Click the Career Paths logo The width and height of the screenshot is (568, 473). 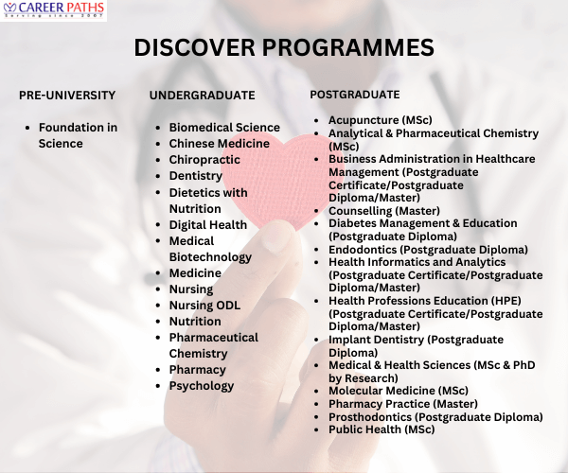(x=54, y=11)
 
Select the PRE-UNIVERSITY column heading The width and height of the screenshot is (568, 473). (x=67, y=96)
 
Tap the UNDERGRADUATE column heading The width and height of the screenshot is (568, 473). (x=202, y=96)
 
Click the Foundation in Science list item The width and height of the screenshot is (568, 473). (x=78, y=135)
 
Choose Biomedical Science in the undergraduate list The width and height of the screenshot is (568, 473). (x=224, y=127)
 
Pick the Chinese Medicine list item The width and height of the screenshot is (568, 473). (x=219, y=143)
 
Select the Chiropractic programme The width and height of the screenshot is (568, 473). (x=204, y=160)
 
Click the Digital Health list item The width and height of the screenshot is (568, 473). (x=207, y=225)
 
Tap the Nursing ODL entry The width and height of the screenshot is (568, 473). (x=204, y=306)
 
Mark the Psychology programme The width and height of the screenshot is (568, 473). (x=201, y=386)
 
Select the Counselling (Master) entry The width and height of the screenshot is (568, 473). (x=383, y=210)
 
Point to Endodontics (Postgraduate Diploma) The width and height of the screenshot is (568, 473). (x=428, y=249)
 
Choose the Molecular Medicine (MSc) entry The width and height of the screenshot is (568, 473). (x=398, y=391)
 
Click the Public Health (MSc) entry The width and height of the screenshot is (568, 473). (x=382, y=429)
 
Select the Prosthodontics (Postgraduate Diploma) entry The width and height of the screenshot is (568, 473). (x=435, y=416)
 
